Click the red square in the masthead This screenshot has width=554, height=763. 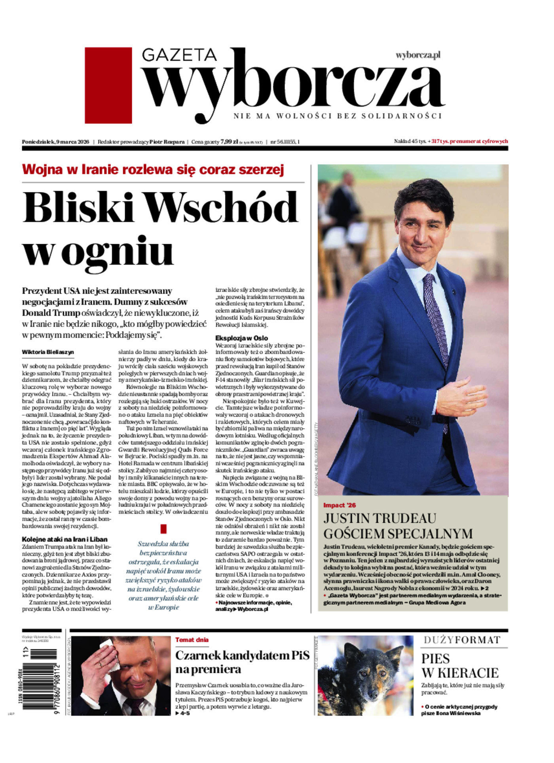tap(108, 85)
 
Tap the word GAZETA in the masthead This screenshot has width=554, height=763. tap(179, 55)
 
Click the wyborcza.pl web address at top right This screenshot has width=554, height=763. tap(418, 55)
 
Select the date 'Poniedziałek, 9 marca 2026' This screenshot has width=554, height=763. tap(56, 142)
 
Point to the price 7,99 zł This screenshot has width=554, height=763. tap(229, 142)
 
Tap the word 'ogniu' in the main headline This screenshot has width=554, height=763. tap(118, 251)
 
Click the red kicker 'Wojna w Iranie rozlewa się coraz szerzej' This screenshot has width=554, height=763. tap(153, 170)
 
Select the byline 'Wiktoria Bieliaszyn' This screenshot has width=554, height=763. tap(48, 352)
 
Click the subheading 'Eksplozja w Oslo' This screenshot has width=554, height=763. tap(241, 338)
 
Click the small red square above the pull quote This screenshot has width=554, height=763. tap(163, 529)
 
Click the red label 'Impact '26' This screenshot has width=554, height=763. tap(340, 505)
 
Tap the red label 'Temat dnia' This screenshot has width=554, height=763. tap(192, 640)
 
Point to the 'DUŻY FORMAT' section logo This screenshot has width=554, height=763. tap(462, 640)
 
